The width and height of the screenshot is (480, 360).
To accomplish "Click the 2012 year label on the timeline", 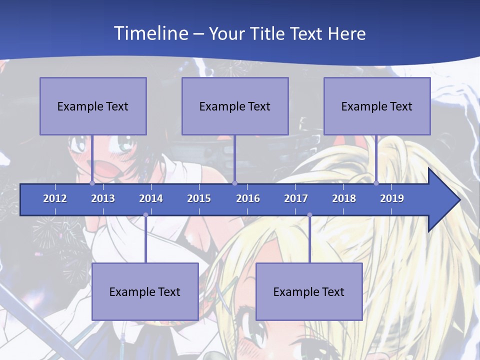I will click(55, 198).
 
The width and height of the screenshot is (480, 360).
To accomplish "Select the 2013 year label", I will click(103, 198).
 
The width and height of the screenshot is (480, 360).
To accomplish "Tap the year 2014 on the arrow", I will click(151, 198).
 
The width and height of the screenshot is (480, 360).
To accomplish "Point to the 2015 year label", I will click(199, 198).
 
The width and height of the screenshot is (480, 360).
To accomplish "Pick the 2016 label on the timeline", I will click(248, 198).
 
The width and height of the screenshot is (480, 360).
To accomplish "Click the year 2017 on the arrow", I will click(296, 198).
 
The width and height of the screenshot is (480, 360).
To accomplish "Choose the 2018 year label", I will click(344, 198).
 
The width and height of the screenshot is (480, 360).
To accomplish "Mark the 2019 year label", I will click(392, 198).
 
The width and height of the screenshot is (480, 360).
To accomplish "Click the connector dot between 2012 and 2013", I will click(92, 183).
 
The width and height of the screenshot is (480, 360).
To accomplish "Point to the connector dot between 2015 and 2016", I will click(235, 183).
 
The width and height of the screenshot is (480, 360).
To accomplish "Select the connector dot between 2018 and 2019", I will click(376, 183).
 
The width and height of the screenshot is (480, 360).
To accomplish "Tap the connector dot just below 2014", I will click(145, 215).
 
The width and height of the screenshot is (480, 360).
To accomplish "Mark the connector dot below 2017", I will click(309, 215).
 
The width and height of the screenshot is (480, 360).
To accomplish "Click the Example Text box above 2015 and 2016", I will click(235, 106).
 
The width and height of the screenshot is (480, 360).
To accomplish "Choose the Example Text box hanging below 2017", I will click(309, 291).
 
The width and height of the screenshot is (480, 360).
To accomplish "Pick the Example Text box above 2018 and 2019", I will click(377, 106).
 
